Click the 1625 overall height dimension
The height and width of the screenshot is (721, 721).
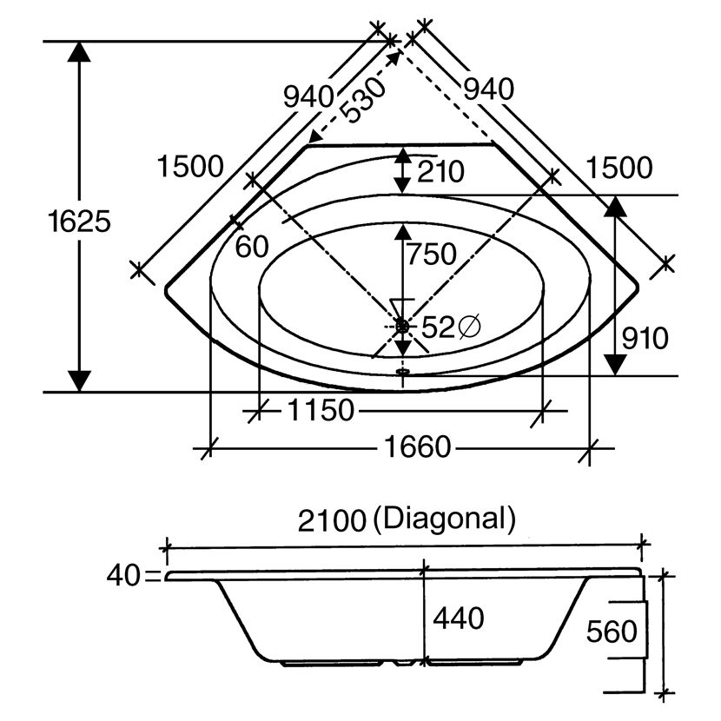pyautogui.click(x=80, y=222)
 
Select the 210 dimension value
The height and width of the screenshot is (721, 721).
pyautogui.click(x=440, y=171)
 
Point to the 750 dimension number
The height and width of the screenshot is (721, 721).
pyautogui.click(x=432, y=255)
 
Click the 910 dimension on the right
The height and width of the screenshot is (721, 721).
pyautogui.click(x=645, y=339)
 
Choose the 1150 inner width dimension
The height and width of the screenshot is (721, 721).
pyautogui.click(x=321, y=410)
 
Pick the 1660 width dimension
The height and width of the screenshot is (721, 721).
pyautogui.click(x=418, y=447)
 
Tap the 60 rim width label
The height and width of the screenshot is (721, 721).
pyautogui.click(x=252, y=247)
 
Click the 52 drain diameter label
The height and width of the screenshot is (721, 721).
pyautogui.click(x=437, y=327)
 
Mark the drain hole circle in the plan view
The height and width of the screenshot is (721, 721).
pyautogui.click(x=402, y=327)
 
